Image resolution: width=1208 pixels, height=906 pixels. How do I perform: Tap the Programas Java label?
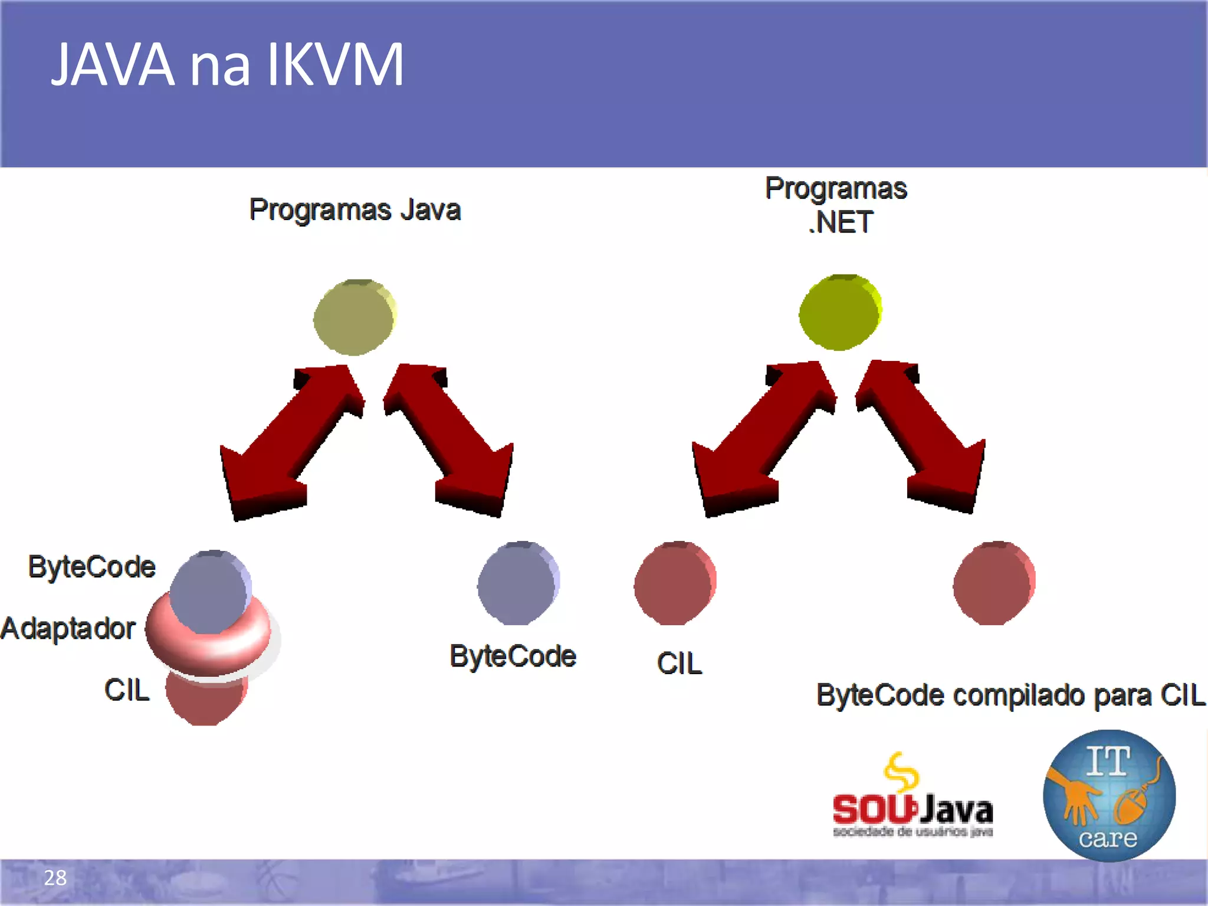[x=354, y=210]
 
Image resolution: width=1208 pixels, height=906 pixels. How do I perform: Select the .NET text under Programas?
[x=840, y=223]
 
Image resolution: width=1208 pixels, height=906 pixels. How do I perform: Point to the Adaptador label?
[x=68, y=629]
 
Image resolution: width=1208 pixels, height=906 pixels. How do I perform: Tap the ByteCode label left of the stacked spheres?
[x=91, y=567]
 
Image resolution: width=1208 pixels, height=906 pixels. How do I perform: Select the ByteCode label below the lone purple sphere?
[x=513, y=656]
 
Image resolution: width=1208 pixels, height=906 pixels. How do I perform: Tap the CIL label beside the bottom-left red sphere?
[x=127, y=690]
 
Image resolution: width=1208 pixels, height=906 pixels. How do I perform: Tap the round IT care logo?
[x=1109, y=795]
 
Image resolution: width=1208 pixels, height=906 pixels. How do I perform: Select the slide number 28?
[x=55, y=878]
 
